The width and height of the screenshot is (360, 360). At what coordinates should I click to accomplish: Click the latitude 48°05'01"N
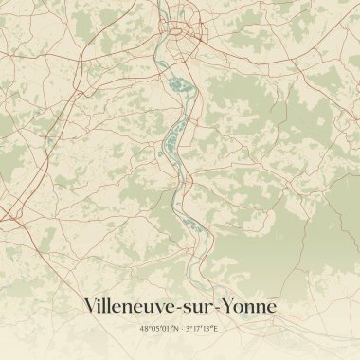pos(158,329)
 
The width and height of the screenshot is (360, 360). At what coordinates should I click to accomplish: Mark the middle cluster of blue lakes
pos(171,143)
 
